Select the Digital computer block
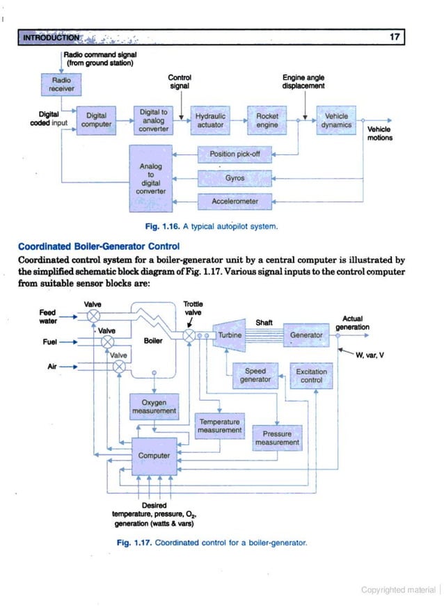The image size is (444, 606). (96, 120)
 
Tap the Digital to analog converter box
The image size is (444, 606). (154, 120)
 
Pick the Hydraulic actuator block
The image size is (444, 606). (209, 120)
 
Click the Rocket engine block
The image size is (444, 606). (267, 120)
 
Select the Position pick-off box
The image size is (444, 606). (235, 154)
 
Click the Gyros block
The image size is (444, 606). (235, 178)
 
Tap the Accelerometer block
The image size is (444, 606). (235, 202)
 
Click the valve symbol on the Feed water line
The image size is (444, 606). (92, 317)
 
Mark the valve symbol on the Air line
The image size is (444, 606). (120, 365)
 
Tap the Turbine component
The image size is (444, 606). (229, 335)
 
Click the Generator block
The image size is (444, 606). (306, 335)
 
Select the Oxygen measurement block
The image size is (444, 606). (154, 406)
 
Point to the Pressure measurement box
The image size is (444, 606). (276, 437)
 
